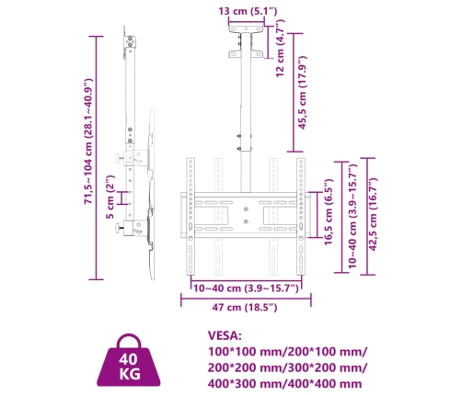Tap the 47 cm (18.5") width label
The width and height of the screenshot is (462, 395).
243,309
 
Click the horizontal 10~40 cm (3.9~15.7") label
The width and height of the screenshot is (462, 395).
243,288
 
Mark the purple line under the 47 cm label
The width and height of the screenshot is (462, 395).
245,298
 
